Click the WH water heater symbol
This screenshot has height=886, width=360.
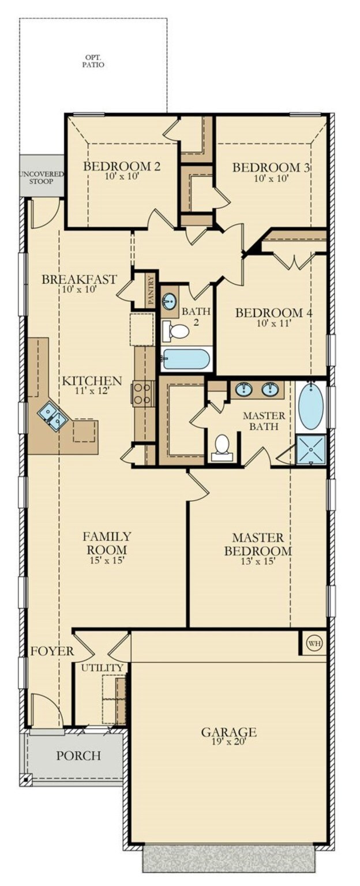pos(314,643)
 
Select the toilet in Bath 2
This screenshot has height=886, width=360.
pos(177,331)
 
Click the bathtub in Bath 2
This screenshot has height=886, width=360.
pos(186,359)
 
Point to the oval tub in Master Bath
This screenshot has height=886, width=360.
pos(310,407)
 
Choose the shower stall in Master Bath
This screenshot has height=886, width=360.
pos(310,450)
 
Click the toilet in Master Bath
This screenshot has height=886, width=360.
pos(222,447)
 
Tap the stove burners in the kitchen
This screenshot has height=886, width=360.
pos(143,393)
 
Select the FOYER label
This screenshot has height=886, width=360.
pos(52,651)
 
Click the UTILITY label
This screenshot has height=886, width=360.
pos(102,667)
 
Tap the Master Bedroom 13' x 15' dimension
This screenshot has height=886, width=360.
pos(257,561)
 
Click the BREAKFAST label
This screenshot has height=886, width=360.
pos(79,280)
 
